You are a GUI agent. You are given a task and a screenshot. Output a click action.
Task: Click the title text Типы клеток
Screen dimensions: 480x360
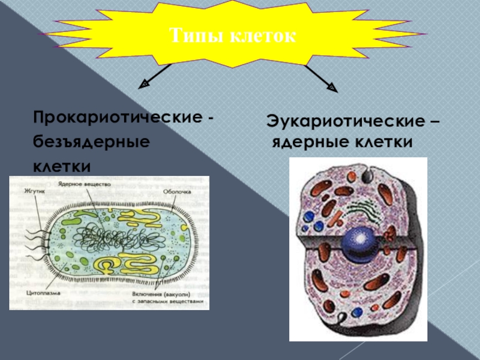click(x=233, y=35)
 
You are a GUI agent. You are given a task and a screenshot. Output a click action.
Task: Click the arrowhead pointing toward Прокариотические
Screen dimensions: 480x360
click(x=144, y=85)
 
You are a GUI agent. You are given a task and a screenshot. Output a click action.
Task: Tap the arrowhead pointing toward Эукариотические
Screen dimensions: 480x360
click(x=331, y=88)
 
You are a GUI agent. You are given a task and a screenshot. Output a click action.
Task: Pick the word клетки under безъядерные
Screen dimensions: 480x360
click(x=62, y=164)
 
